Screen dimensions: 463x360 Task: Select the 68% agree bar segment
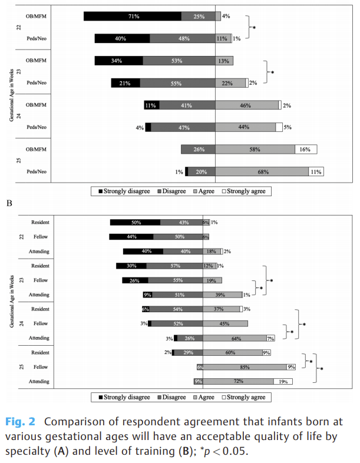(x=262, y=172)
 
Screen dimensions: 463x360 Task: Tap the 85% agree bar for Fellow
(x=245, y=367)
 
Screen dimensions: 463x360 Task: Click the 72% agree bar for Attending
(x=239, y=382)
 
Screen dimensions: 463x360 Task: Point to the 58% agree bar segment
(x=255, y=150)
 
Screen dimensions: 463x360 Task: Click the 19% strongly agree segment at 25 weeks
(x=283, y=382)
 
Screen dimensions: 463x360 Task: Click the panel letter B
(x=9, y=203)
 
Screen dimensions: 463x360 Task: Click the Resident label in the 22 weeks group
(x=41, y=222)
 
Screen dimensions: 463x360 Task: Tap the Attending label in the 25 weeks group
(x=39, y=382)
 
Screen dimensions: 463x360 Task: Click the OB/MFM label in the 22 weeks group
(x=37, y=16)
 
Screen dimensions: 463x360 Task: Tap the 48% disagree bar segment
(x=182, y=38)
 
